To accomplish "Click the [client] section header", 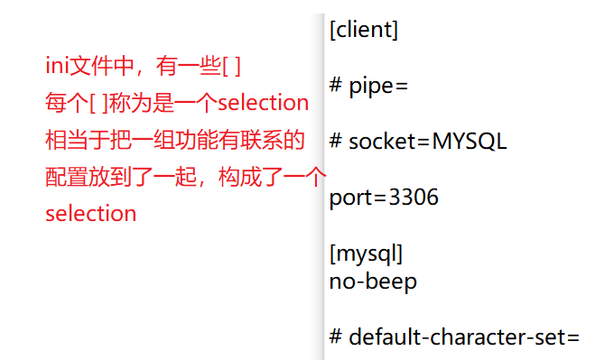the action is coord(364,30).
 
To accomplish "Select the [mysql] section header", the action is coord(367,253).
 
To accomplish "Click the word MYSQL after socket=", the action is coord(470,142).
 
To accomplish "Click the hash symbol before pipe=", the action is coord(336,86).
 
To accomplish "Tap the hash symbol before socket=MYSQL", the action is coord(336,142).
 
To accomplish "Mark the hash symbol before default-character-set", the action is coord(336,337).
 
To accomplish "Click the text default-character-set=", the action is coord(463,337).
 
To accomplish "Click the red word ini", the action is coord(57,66).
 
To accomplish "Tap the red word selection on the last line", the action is coord(90,214).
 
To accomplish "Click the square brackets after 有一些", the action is coord(232,66).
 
